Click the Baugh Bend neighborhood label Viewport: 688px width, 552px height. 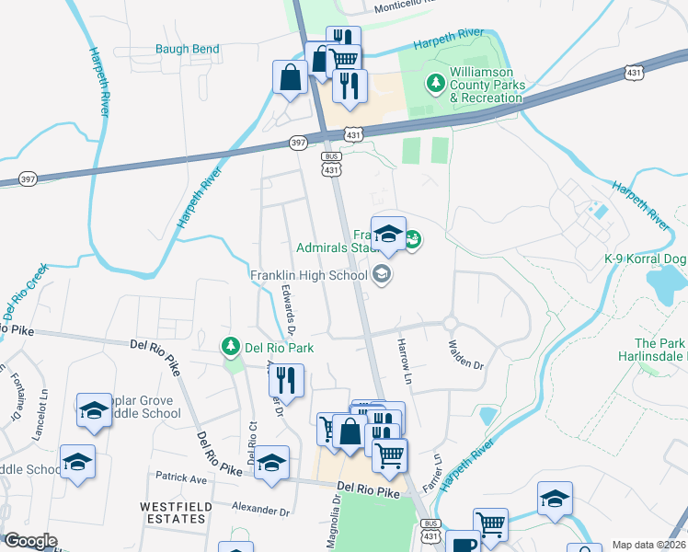pyautogui.click(x=187, y=49)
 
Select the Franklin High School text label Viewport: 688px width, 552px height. pyautogui.click(x=308, y=274)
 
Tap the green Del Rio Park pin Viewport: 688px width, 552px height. pyautogui.click(x=230, y=347)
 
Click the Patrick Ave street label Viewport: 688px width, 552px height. pyautogui.click(x=181, y=478)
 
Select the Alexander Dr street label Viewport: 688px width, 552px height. pyautogui.click(x=260, y=508)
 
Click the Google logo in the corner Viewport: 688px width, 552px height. pyautogui.click(x=30, y=541)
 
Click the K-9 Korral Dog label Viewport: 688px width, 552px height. pyautogui.click(x=644, y=259)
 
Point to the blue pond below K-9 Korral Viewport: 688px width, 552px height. pyautogui.click(x=666, y=286)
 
